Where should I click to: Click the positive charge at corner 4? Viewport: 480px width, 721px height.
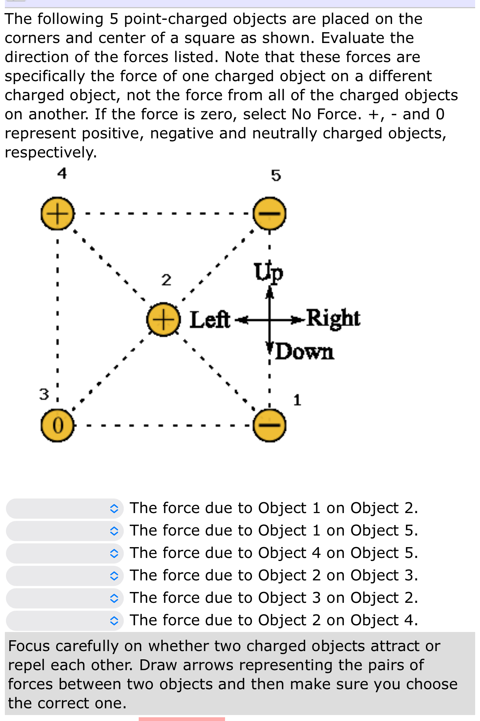click(x=57, y=214)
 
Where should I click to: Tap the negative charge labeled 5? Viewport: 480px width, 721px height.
click(x=270, y=214)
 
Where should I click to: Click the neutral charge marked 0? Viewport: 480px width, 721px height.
click(x=57, y=426)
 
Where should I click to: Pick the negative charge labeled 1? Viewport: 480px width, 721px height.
click(x=270, y=426)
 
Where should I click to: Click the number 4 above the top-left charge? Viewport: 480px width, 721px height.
click(x=62, y=174)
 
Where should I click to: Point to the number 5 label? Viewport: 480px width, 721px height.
click(x=276, y=175)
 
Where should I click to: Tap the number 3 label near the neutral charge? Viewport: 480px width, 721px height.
click(x=44, y=394)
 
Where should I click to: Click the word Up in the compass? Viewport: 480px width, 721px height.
click(x=268, y=272)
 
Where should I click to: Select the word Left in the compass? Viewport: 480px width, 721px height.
click(x=210, y=320)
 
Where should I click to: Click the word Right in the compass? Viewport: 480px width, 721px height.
click(x=333, y=318)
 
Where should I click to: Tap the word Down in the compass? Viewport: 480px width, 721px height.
click(x=305, y=352)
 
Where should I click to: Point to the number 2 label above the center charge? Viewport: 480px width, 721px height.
click(x=166, y=280)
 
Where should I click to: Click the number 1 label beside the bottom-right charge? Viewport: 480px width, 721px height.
click(x=297, y=400)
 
